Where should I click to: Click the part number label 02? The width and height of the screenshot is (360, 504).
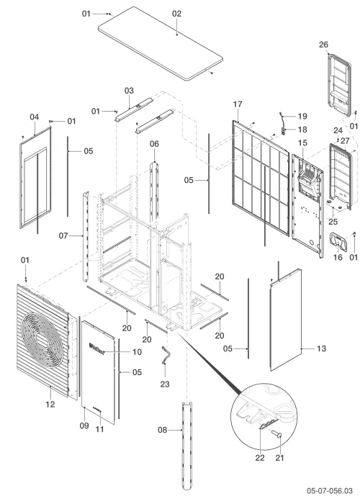pos(177,14)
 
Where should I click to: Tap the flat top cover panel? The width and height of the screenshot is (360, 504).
pos(161,43)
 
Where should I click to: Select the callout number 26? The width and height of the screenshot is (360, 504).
pos(324,45)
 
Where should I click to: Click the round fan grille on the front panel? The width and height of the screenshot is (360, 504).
pos(42,341)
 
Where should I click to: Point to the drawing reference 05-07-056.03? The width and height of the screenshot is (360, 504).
pos(330,491)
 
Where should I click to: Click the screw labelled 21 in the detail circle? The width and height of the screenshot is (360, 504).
pos(276,434)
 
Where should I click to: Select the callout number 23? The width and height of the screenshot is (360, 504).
pos(165,384)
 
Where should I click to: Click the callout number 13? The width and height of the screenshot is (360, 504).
pos(321,348)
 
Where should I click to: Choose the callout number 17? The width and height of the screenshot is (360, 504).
pos(238,104)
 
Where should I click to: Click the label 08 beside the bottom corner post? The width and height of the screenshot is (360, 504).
pos(163,430)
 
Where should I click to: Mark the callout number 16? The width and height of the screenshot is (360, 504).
pos(338,257)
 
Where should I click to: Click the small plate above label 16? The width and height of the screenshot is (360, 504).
pos(338,241)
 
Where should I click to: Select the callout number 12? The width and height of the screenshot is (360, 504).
pos(50,405)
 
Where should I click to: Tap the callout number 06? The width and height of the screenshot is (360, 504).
pos(154,144)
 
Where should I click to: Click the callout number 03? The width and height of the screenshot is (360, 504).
pos(129,91)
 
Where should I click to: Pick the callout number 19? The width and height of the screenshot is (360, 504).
pos(302,116)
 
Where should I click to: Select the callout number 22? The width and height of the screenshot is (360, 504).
pos(260,458)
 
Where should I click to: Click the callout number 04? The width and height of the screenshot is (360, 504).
pos(35,117)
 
